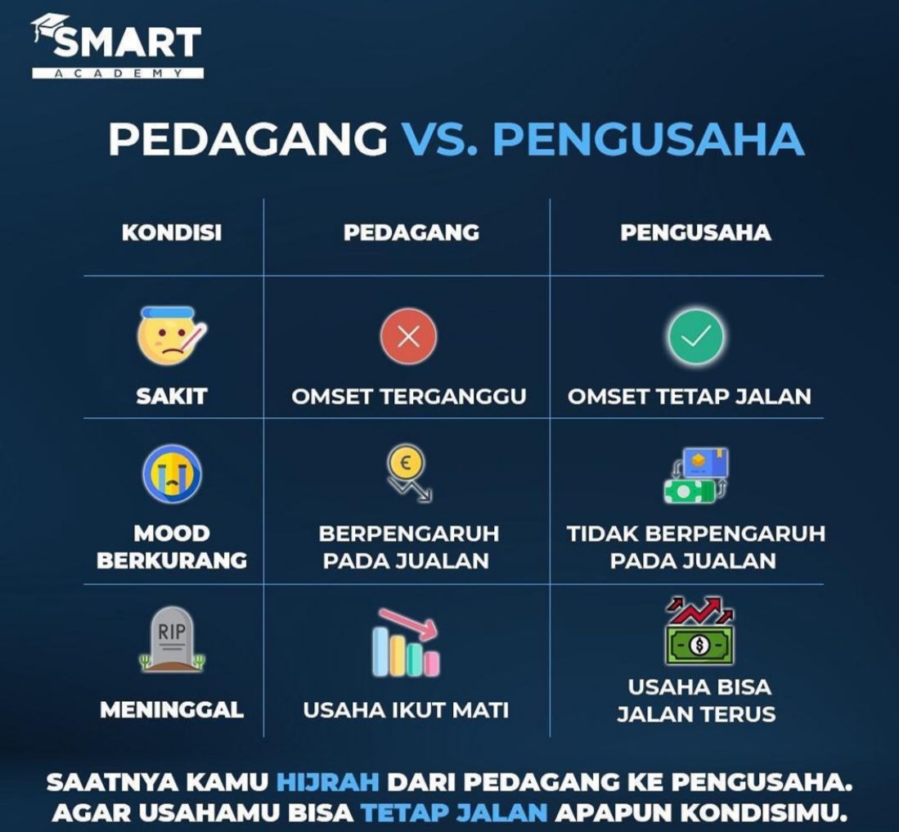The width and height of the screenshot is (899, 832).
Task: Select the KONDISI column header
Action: [x=172, y=233]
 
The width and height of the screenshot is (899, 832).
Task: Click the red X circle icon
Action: [x=408, y=336]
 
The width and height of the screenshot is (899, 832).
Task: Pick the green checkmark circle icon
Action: [x=695, y=336]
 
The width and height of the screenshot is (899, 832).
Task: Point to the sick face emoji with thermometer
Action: [x=172, y=336]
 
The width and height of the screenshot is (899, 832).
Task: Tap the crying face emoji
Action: [x=172, y=474]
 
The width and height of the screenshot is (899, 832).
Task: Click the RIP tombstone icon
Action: [x=172, y=639]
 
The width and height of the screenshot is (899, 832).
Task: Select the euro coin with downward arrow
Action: [x=408, y=474]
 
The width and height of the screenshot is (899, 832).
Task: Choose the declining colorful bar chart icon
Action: [x=406, y=642]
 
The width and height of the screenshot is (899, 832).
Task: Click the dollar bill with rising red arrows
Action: [x=699, y=631]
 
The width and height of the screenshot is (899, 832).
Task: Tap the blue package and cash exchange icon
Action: [x=695, y=475]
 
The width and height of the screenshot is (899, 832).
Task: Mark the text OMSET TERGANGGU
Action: [x=409, y=397]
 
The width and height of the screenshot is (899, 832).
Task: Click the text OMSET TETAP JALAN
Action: [x=689, y=397]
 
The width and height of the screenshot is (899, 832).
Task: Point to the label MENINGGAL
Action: [x=172, y=710]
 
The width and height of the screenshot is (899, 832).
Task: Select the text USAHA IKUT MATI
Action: [x=406, y=710]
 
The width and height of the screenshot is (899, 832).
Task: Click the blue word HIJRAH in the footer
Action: [x=328, y=782]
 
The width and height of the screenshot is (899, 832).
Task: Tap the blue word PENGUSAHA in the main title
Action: [x=649, y=139]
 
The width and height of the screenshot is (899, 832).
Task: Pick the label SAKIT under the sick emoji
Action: [x=172, y=397]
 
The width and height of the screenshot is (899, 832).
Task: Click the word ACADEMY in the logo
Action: [x=118, y=74]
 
